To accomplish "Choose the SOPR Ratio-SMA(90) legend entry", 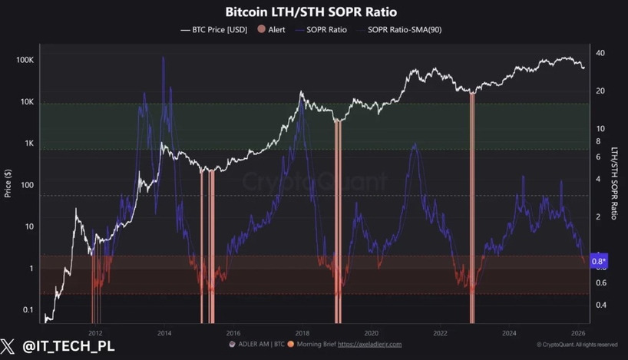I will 404,30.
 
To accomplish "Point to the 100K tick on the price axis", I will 24,60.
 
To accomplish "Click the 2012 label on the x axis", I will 95,333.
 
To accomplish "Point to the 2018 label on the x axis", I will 302,333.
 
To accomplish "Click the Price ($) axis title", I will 8,184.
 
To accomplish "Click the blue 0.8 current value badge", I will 599,260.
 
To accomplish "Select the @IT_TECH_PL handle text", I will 68,346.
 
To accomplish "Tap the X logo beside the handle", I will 10,346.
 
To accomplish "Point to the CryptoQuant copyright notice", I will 577,345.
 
